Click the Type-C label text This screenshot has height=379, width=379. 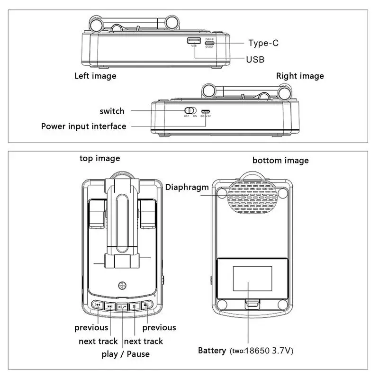(263, 43)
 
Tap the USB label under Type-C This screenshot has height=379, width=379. (255, 59)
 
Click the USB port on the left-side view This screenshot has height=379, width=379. (193, 41)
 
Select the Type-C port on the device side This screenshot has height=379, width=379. (209, 42)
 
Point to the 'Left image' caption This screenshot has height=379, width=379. (95, 76)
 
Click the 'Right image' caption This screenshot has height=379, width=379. (300, 76)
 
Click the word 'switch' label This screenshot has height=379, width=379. (112, 111)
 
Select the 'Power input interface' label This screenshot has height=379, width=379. (84, 126)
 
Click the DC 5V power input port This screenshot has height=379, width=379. (206, 111)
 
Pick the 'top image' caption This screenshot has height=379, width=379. (99, 158)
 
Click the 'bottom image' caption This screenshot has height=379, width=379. (280, 161)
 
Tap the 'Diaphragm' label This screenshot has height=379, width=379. (187, 187)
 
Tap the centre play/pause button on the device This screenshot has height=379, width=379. (122, 306)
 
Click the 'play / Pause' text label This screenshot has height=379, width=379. (126, 354)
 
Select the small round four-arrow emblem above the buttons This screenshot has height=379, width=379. (122, 286)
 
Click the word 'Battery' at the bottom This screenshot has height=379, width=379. (212, 351)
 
